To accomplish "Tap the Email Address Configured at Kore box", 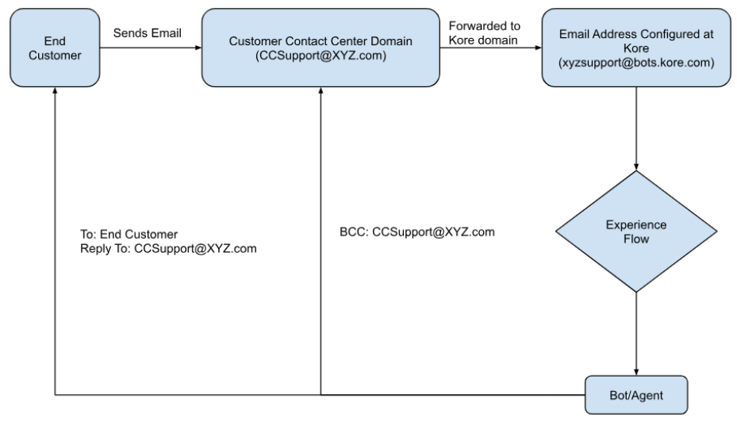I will click(x=635, y=48).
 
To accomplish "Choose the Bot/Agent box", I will click(x=636, y=392).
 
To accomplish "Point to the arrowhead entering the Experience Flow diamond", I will click(x=636, y=165).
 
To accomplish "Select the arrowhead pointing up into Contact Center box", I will click(x=321, y=92).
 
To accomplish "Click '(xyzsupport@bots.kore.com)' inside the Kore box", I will click(x=635, y=61).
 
